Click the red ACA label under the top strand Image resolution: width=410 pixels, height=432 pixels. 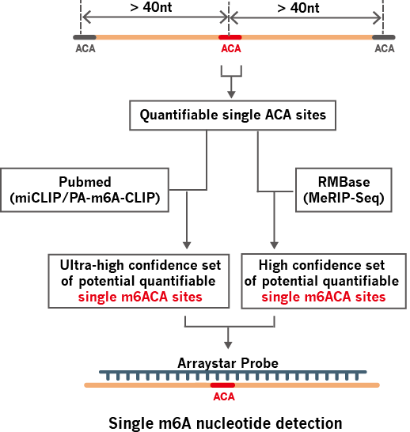(x=230, y=49)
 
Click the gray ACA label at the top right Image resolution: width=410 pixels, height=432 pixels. (x=384, y=49)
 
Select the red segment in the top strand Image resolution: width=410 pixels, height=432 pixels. (x=230, y=37)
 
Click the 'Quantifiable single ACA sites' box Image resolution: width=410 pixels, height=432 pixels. (x=233, y=116)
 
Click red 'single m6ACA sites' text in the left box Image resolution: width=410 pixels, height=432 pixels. (x=139, y=297)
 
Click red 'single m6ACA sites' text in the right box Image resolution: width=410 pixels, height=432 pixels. (x=322, y=297)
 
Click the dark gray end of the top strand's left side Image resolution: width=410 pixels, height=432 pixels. (x=85, y=37)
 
